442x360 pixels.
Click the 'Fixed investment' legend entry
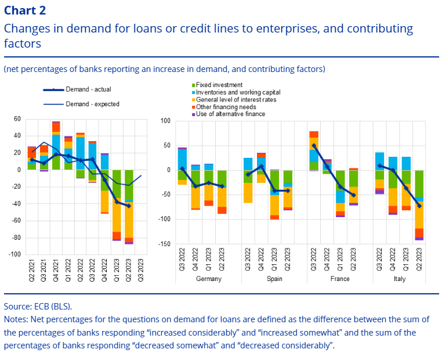point(219,85)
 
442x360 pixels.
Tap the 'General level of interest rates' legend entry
point(236,99)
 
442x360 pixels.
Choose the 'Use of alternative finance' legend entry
point(230,114)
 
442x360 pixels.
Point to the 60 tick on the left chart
point(17,119)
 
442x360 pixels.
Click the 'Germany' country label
point(209,279)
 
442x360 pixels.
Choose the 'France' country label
point(339,279)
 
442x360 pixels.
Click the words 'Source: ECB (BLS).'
point(38,306)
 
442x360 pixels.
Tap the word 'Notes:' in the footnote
point(17,319)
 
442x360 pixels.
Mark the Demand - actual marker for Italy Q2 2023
point(419,206)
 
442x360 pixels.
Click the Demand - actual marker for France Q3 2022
point(314,146)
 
